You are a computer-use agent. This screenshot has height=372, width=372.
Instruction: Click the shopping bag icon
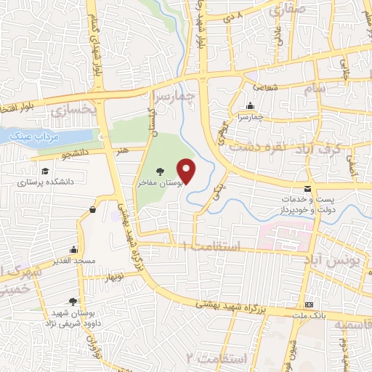tap(93, 210)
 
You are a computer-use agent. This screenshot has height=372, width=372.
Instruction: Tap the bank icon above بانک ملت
tap(310, 304)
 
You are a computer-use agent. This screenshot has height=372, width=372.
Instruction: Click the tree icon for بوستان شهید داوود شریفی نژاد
tap(72, 300)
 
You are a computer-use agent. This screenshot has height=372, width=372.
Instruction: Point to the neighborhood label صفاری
tap(288, 10)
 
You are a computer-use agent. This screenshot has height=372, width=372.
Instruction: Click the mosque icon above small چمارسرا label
tap(251, 105)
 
